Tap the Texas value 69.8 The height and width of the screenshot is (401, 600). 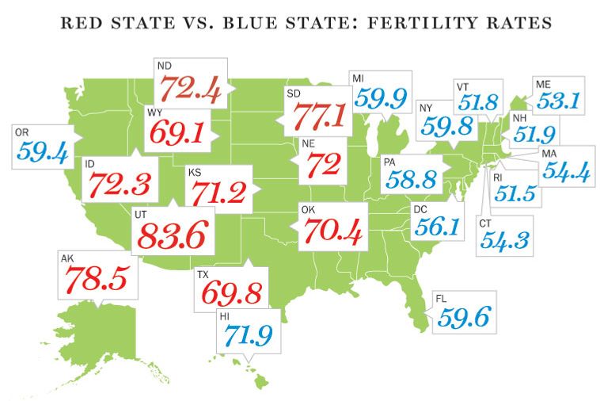point(231,292)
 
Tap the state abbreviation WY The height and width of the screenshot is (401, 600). point(154,113)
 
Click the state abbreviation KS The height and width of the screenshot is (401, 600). point(194,171)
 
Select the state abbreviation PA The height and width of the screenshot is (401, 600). point(388,161)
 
